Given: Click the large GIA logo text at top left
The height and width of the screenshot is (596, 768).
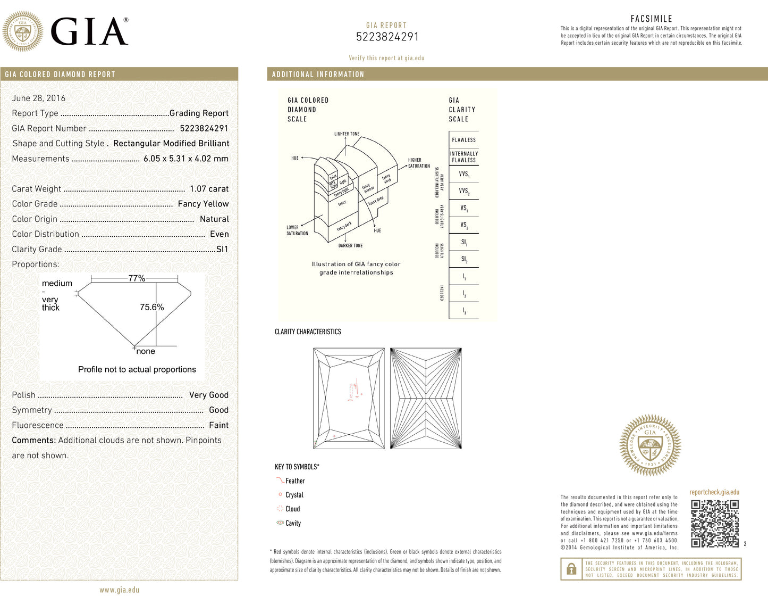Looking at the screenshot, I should [x=89, y=32].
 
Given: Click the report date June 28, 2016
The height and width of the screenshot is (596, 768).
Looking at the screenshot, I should [x=39, y=98].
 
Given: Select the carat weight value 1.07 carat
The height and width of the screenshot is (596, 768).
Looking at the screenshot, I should [x=209, y=189].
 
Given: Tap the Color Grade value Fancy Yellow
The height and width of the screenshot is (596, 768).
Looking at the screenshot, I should [x=203, y=204].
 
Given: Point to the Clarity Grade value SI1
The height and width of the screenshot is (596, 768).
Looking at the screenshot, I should [x=222, y=249].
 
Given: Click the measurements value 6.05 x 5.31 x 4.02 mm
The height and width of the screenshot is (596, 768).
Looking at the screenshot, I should [x=185, y=159].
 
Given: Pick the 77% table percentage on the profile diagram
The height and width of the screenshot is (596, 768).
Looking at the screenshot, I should [x=137, y=278].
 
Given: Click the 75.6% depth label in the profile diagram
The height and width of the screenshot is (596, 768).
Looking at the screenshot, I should [x=151, y=307].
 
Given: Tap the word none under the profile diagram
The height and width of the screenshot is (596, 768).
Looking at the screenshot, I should [x=146, y=351].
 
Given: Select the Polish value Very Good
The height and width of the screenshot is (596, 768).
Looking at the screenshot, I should [x=208, y=395].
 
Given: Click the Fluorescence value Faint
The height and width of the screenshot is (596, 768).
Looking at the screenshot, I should [x=218, y=425].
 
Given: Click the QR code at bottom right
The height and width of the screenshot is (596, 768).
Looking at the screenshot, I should [x=715, y=524].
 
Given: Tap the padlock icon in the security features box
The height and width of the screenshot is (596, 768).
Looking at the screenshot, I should [x=571, y=569].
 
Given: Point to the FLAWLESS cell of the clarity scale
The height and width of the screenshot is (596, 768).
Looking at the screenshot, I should [x=463, y=140].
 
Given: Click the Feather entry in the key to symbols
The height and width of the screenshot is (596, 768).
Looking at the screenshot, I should [x=295, y=481].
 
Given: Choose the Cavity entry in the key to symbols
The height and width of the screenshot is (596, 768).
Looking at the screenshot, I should [x=293, y=523].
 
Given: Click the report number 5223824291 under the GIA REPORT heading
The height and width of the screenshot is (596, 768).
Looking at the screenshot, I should [x=387, y=37].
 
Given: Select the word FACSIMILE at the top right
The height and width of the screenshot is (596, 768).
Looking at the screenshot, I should [x=651, y=19].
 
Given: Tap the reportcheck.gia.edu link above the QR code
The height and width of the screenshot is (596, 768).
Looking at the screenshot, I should [x=714, y=492].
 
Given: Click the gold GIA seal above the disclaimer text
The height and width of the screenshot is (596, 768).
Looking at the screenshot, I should [x=650, y=445].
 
